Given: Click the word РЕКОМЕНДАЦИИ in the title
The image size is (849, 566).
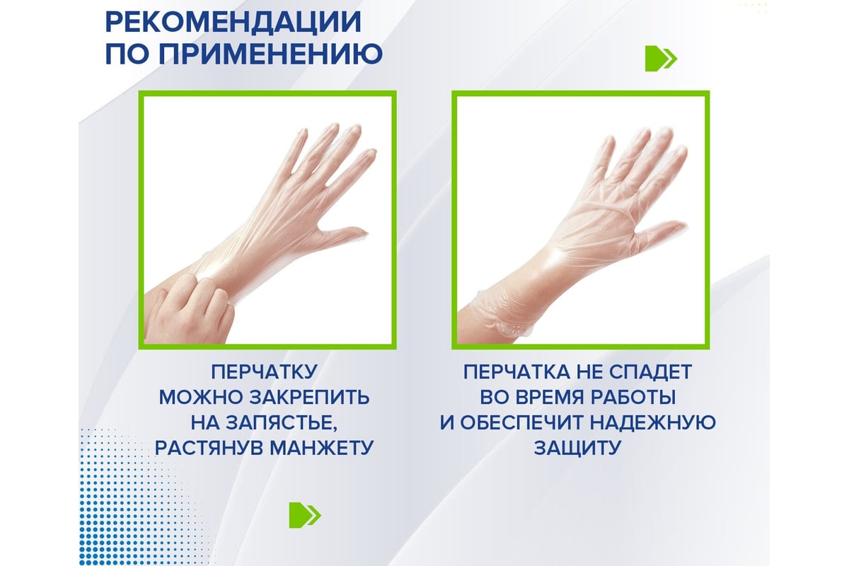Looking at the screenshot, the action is [x=233, y=23].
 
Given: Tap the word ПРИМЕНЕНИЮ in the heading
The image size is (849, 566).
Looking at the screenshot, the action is [x=270, y=54].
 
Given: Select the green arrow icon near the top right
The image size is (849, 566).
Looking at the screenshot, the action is [x=661, y=59].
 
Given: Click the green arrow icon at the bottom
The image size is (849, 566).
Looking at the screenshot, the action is [x=305, y=515].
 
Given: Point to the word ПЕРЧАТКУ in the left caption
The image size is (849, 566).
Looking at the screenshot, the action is [x=264, y=371].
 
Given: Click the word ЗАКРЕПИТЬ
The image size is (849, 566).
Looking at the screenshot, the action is [x=309, y=398].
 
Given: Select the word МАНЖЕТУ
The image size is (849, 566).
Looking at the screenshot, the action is [x=322, y=448].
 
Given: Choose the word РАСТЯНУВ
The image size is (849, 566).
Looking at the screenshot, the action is [x=209, y=448].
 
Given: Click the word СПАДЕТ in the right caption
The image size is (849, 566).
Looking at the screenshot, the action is [x=650, y=371].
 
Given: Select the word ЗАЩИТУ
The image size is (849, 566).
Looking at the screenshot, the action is [x=577, y=448].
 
